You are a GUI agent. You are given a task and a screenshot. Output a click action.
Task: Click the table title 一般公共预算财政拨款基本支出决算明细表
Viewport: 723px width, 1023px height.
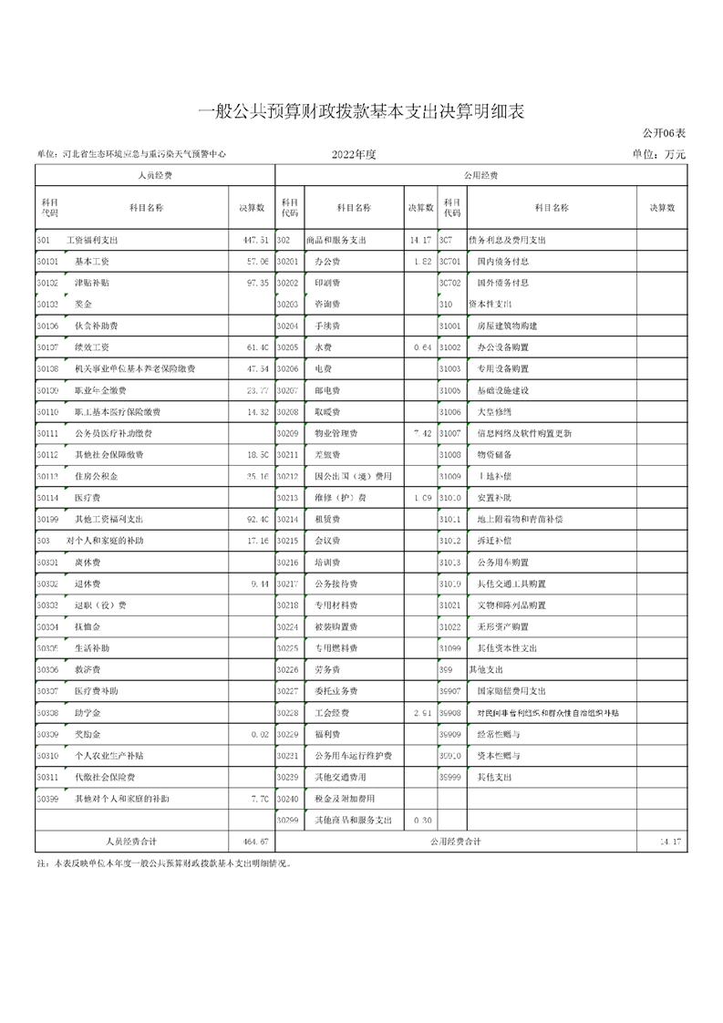click(362, 111)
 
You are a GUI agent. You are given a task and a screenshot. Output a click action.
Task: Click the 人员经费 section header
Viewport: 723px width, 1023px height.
click(154, 175)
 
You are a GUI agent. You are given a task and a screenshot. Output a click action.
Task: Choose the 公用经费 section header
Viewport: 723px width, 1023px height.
click(481, 175)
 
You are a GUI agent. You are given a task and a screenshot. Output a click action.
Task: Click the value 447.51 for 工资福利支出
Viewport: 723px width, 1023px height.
click(253, 241)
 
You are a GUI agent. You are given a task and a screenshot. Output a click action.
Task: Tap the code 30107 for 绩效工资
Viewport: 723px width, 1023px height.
click(47, 347)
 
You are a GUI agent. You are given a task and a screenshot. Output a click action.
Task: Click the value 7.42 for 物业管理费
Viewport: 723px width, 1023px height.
click(421, 433)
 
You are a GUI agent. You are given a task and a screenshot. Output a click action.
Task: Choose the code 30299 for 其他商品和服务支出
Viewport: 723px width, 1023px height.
click(288, 821)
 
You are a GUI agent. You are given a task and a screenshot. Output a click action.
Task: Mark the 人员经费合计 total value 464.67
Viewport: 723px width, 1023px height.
click(253, 842)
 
